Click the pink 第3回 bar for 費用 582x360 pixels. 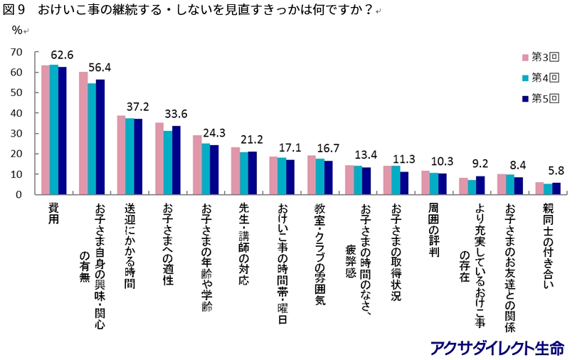tap(45, 129)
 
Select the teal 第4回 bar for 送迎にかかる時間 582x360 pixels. tap(129, 157)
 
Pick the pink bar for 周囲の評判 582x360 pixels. tap(425, 183)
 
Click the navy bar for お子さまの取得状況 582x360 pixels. tap(404, 183)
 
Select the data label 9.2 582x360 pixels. tap(481, 164)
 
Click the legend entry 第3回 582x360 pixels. tap(545, 57)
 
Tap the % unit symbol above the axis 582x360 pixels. tap(17, 30)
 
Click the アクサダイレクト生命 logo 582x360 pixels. tap(497, 348)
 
